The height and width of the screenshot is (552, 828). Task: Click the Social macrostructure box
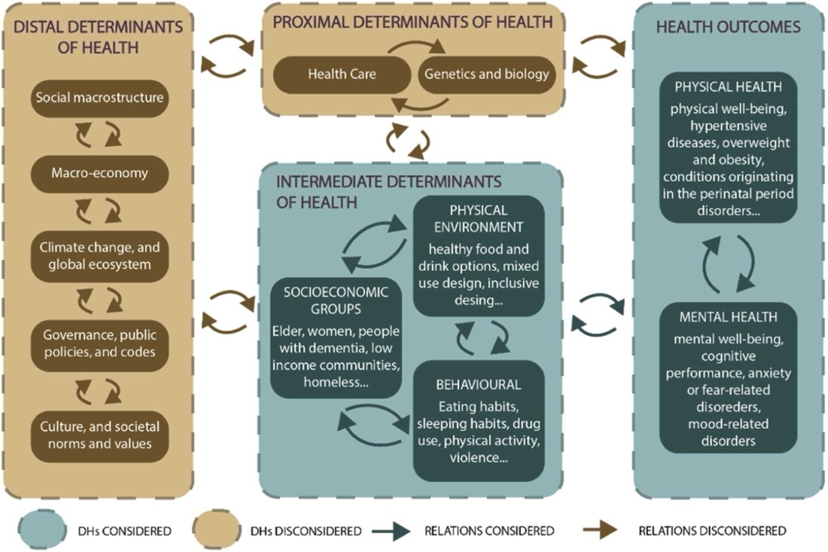[101, 97]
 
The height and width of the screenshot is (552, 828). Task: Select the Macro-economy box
[101, 173]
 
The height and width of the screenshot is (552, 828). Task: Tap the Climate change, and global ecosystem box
[101, 256]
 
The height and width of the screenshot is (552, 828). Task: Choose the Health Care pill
[342, 74]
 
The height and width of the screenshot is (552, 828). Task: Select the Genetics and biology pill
[487, 74]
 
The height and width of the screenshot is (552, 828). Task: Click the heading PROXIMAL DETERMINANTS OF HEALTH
[412, 22]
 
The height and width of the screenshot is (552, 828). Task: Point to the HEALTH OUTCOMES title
[728, 27]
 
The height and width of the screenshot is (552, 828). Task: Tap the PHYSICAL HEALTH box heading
[728, 87]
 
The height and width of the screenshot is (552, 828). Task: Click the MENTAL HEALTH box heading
[728, 316]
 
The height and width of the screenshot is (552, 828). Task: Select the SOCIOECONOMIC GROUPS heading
[336, 300]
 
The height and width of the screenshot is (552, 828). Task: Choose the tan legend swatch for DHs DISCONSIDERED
[221, 531]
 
